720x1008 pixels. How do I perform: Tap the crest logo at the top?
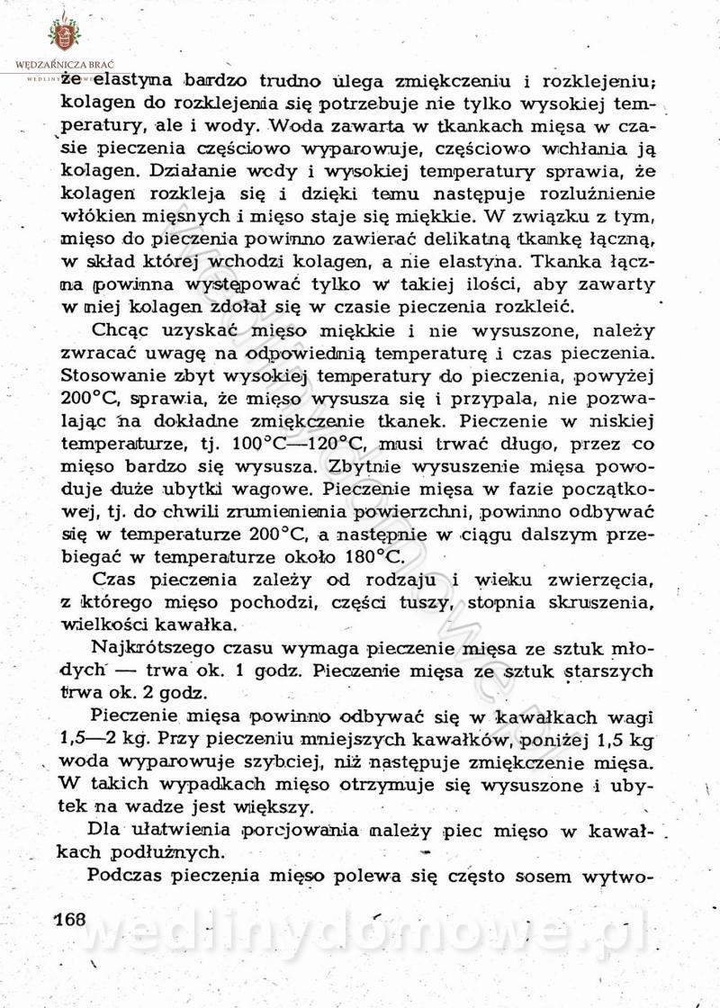64,33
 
